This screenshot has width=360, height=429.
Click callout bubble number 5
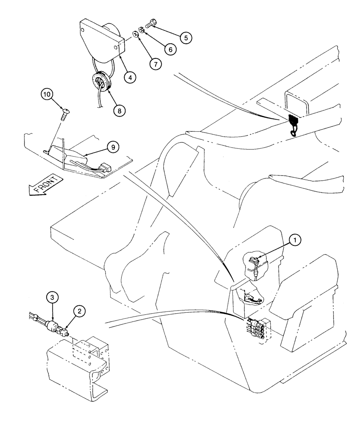point(185,38)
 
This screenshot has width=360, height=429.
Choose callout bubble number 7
point(155,64)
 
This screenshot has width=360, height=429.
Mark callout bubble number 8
point(120,110)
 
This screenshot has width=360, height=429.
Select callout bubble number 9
point(113,147)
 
